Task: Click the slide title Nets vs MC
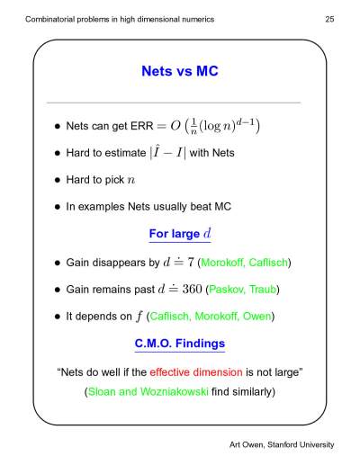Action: coord(180,71)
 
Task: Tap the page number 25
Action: coord(329,19)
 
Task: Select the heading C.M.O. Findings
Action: coord(180,344)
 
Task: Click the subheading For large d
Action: coord(180,234)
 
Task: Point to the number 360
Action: coord(192,289)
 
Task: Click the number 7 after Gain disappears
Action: coord(191,263)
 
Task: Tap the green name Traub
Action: coord(263,290)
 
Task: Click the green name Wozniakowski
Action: coord(174,391)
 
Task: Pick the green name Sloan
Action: coord(102,391)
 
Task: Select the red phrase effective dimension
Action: coord(196,372)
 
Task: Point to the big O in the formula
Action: coord(175,126)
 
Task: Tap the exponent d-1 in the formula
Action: coord(245,122)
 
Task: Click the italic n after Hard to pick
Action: coord(131,180)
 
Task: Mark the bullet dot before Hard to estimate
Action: coord(58,153)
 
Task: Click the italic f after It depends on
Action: coord(139,317)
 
